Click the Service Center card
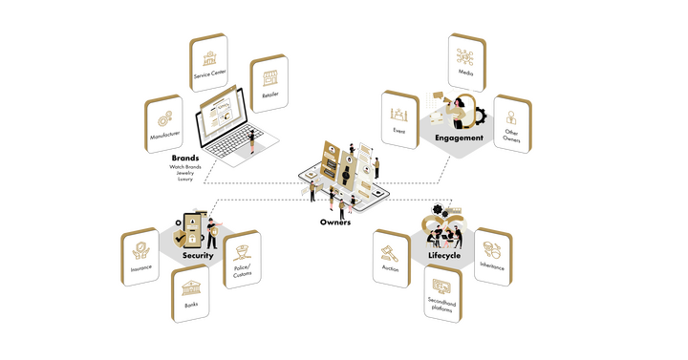(x=208, y=62)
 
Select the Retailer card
(x=269, y=83)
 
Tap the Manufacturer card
(x=163, y=123)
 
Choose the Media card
(x=467, y=62)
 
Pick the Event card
(x=400, y=119)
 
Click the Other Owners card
(x=513, y=124)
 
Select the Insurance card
(x=140, y=257)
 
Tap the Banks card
(x=190, y=293)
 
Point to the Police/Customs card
(x=242, y=259)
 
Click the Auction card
(x=392, y=258)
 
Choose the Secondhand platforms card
(x=443, y=293)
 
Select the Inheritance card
(x=494, y=257)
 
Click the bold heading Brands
(x=185, y=158)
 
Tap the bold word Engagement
(x=459, y=138)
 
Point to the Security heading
(x=198, y=255)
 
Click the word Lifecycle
(x=444, y=255)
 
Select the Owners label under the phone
(x=335, y=222)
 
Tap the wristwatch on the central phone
(x=346, y=173)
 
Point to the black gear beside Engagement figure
(x=481, y=116)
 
